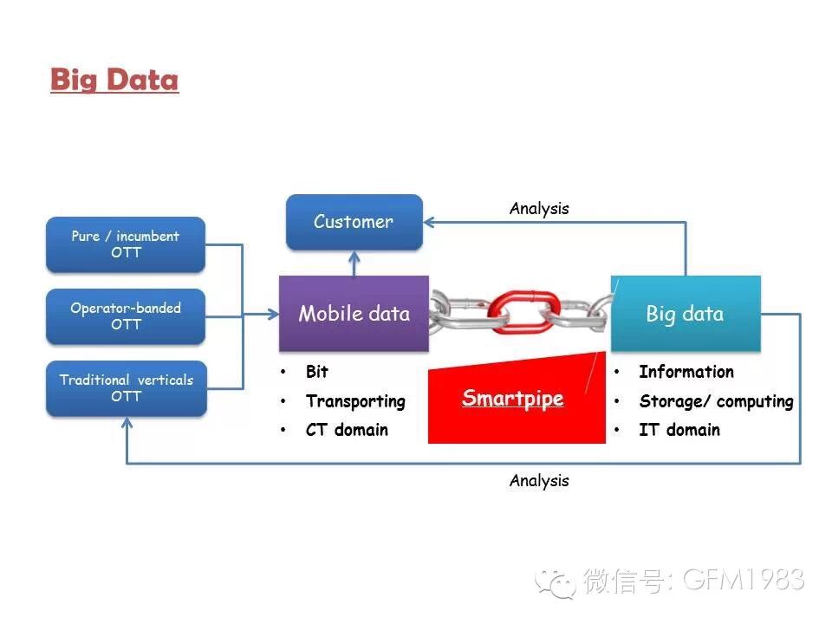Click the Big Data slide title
(x=114, y=79)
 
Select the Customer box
(x=354, y=222)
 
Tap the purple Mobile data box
(x=354, y=314)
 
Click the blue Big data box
(x=685, y=314)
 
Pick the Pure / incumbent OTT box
(x=126, y=244)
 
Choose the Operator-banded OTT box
(x=126, y=316)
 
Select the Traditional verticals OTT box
(x=126, y=388)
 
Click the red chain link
(x=519, y=310)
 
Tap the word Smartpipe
(x=512, y=399)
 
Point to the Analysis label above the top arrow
(x=539, y=208)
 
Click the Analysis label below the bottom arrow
(x=539, y=480)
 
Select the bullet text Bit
(x=317, y=372)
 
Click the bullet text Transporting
(x=355, y=401)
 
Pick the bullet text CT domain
(x=347, y=430)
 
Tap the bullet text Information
(x=686, y=372)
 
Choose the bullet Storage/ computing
(x=716, y=401)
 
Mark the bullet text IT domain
(x=679, y=430)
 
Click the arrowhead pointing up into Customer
(x=354, y=257)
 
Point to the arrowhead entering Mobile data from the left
(x=271, y=315)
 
